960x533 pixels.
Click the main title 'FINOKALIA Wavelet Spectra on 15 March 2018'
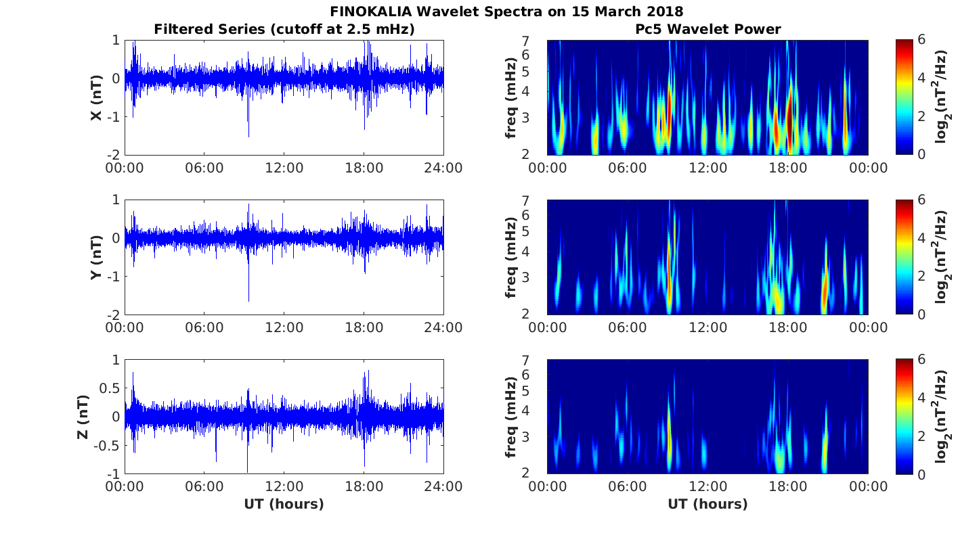click(506, 11)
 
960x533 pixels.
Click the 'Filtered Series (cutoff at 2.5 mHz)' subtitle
click(284, 29)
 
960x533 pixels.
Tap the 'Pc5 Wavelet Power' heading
click(707, 29)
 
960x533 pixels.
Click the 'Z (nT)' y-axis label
click(82, 417)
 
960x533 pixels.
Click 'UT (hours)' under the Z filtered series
click(284, 504)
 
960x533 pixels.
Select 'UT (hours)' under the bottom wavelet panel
click(707, 504)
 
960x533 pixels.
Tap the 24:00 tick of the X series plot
click(443, 168)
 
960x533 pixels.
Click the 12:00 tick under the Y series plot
click(284, 327)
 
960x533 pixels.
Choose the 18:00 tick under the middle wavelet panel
click(788, 327)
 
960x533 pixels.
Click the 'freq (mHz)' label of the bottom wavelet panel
click(511, 417)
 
